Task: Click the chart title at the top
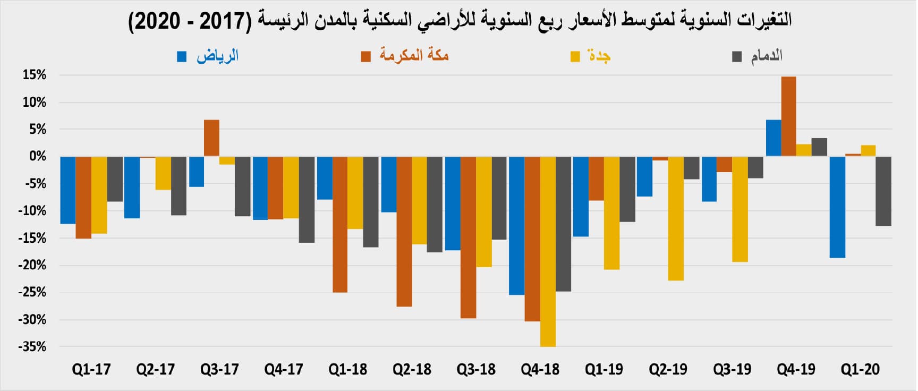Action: point(460,21)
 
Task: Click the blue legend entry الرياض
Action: point(209,56)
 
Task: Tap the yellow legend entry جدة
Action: point(591,56)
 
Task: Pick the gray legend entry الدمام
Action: point(758,56)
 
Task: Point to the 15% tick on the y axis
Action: point(34,75)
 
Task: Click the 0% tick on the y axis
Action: point(37,156)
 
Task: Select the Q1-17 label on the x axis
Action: point(91,369)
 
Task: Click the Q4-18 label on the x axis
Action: point(540,369)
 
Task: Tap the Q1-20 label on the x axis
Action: point(860,369)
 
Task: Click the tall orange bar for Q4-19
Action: point(788,116)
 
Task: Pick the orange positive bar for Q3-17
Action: point(211,138)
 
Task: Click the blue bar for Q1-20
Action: point(837,207)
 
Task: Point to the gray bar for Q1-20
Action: point(883,191)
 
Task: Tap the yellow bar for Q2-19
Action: point(676,218)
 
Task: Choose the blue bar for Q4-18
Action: point(516,225)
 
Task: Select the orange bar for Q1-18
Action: point(340,224)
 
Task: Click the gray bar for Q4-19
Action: point(819,147)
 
